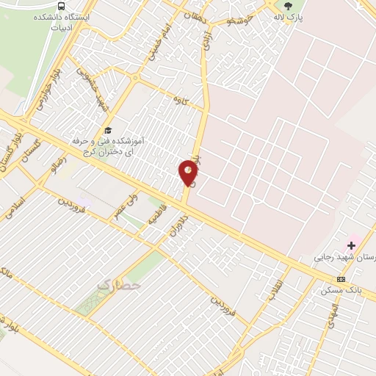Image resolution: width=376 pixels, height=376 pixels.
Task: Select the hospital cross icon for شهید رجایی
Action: [x=351, y=244]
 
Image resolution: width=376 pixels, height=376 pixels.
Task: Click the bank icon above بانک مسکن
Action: [x=341, y=279]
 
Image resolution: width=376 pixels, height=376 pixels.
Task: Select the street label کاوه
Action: [x=178, y=98]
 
